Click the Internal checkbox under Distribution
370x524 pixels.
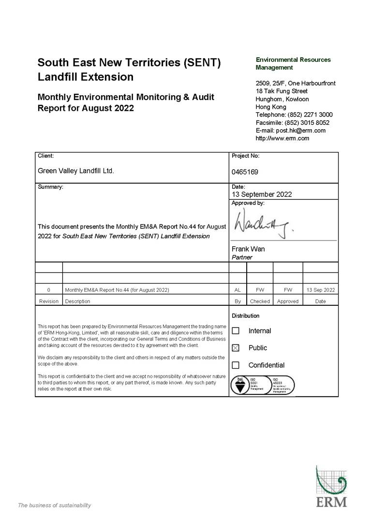tap(236, 331)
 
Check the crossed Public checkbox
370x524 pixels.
tap(236, 348)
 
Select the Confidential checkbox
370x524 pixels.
tap(236, 365)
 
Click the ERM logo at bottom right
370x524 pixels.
tap(331, 486)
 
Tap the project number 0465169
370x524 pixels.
tap(245, 172)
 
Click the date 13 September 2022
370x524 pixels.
tap(262, 195)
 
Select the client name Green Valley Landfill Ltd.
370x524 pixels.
tap(76, 171)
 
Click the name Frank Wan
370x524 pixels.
tap(248, 249)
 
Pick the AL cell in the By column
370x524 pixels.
tap(237, 290)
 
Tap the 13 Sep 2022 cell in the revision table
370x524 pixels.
tap(320, 290)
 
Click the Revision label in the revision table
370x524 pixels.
tap(49, 301)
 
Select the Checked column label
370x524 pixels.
tap(260, 301)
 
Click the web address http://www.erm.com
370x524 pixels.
tap(282, 138)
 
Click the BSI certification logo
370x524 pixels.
tap(240, 386)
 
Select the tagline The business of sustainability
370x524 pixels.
tap(54, 505)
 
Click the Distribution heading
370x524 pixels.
tap(245, 315)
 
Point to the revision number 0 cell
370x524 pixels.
tap(49, 290)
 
